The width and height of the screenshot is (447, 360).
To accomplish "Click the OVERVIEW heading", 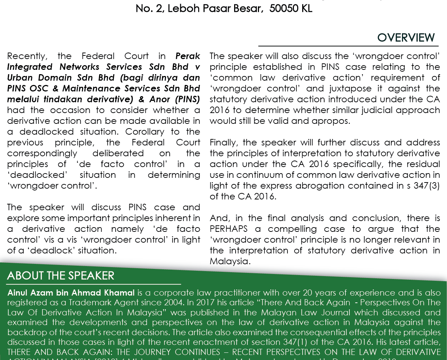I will (406, 37).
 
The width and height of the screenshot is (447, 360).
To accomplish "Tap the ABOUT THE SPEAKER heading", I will (61, 276).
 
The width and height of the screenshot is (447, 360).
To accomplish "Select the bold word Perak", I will (188, 56).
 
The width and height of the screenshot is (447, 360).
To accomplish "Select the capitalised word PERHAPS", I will (228, 229).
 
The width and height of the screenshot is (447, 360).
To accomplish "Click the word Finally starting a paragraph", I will (224, 143).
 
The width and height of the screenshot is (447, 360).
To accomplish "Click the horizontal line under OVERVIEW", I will (348, 46).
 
